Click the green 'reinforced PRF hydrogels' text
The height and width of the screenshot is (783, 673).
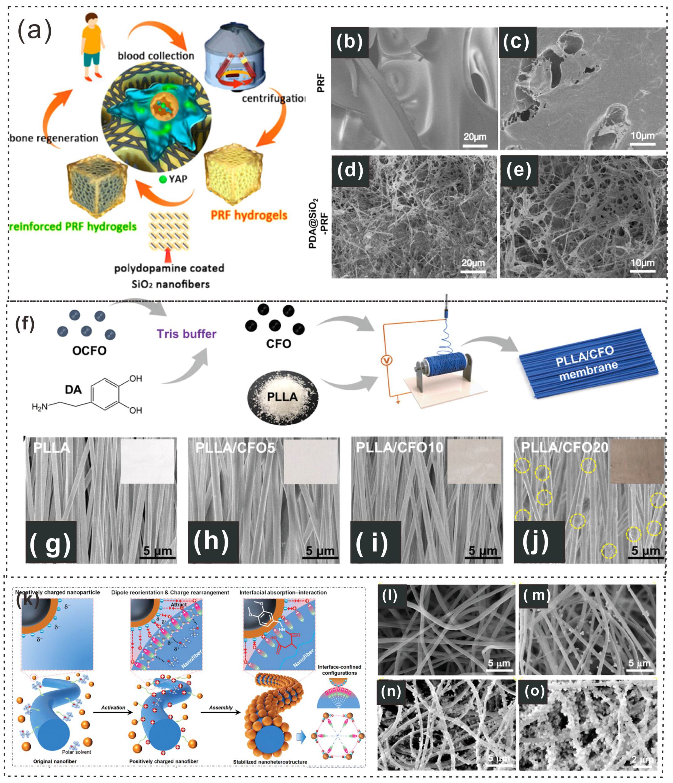click(73, 227)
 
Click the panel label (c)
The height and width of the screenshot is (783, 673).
click(517, 42)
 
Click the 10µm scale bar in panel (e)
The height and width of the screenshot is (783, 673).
click(642, 270)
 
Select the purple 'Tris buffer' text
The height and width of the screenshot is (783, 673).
click(186, 334)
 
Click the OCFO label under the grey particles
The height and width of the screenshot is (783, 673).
click(89, 351)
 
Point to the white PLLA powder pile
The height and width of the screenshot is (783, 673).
click(283, 397)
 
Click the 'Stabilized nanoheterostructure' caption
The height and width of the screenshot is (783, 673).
click(270, 762)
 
